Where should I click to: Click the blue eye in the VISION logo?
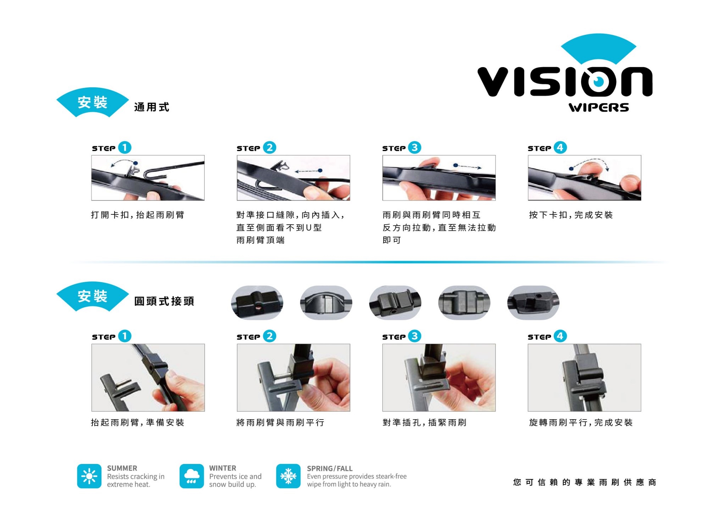pos(599,81)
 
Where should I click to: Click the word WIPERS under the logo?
pos(599,108)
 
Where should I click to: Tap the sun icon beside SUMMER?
pos(89,476)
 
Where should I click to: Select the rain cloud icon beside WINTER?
pos(191,476)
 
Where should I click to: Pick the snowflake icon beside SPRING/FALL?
pos(288,476)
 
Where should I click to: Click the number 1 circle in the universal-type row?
pos(124,147)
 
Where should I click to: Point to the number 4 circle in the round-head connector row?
pos(560,336)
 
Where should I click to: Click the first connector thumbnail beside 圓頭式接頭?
pos(257,303)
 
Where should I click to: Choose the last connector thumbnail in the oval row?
pos(533,303)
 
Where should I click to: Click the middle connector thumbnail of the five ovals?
pos(395,303)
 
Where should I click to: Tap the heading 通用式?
pos(152,107)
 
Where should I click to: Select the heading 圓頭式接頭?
pos(164,301)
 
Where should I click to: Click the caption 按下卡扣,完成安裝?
pos(571,215)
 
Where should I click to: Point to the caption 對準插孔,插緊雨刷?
pos(424,422)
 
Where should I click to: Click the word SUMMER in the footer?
pos(122,468)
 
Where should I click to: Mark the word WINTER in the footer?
pos(223,468)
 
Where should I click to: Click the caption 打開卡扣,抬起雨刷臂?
pos(138,215)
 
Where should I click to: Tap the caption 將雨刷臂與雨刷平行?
pos(280,422)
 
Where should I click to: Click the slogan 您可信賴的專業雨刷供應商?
pos(585,482)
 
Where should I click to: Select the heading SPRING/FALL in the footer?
pos(330,469)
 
